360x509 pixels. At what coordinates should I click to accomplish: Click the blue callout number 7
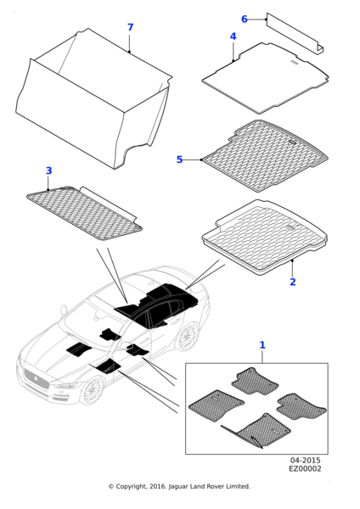[130, 27]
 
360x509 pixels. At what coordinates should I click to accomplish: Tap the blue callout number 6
[245, 20]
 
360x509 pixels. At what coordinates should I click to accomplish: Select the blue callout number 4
[233, 36]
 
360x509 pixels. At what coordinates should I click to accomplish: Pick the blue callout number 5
[180, 159]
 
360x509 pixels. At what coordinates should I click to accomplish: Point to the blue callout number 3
[48, 171]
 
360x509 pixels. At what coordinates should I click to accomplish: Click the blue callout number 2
[293, 282]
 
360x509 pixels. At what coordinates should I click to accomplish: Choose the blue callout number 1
[262, 345]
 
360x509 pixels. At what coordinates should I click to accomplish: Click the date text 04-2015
[305, 461]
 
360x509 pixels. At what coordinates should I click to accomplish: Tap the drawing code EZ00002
[305, 469]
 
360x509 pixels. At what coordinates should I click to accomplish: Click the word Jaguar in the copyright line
[178, 487]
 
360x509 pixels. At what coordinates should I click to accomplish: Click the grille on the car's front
[36, 379]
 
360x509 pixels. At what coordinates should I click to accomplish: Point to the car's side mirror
[64, 310]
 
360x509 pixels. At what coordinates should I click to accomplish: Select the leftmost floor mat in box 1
[216, 406]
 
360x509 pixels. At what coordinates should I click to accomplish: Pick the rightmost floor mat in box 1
[301, 406]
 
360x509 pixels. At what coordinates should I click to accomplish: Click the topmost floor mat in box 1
[255, 381]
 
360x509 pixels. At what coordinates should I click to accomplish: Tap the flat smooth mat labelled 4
[266, 78]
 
